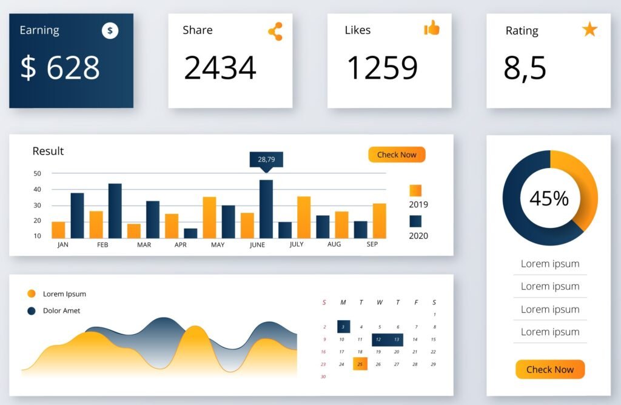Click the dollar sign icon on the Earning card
click(110, 30)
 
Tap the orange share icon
click(275, 31)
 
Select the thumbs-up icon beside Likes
click(432, 28)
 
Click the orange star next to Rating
click(589, 29)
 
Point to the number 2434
click(220, 67)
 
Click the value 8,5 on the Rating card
click(525, 67)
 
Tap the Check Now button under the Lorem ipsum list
click(550, 369)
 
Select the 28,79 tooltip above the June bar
click(266, 159)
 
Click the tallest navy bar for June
click(266, 209)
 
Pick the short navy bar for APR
click(190, 233)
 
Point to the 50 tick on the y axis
click(38, 173)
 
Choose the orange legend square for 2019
click(415, 190)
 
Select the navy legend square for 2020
click(415, 221)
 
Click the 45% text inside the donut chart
click(549, 198)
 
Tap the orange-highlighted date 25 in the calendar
click(360, 364)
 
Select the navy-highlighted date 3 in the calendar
click(343, 326)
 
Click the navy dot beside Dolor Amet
click(32, 311)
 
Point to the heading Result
click(48, 151)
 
